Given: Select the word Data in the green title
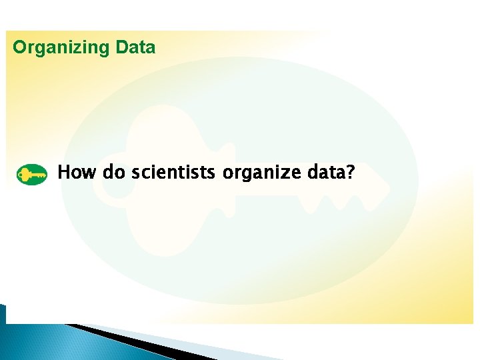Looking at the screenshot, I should click(135, 48).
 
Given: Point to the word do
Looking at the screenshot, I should click(114, 173).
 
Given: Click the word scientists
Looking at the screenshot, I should click(173, 173).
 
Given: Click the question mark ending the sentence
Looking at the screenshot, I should click(350, 173).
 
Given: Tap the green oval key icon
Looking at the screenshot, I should click(31, 175).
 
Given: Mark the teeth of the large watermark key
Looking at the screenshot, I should click(333, 200).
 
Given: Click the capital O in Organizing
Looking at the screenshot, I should click(20, 48).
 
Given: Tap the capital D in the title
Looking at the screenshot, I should click(122, 48).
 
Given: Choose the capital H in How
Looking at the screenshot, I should click(65, 173).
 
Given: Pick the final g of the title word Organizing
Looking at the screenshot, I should click(103, 49).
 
